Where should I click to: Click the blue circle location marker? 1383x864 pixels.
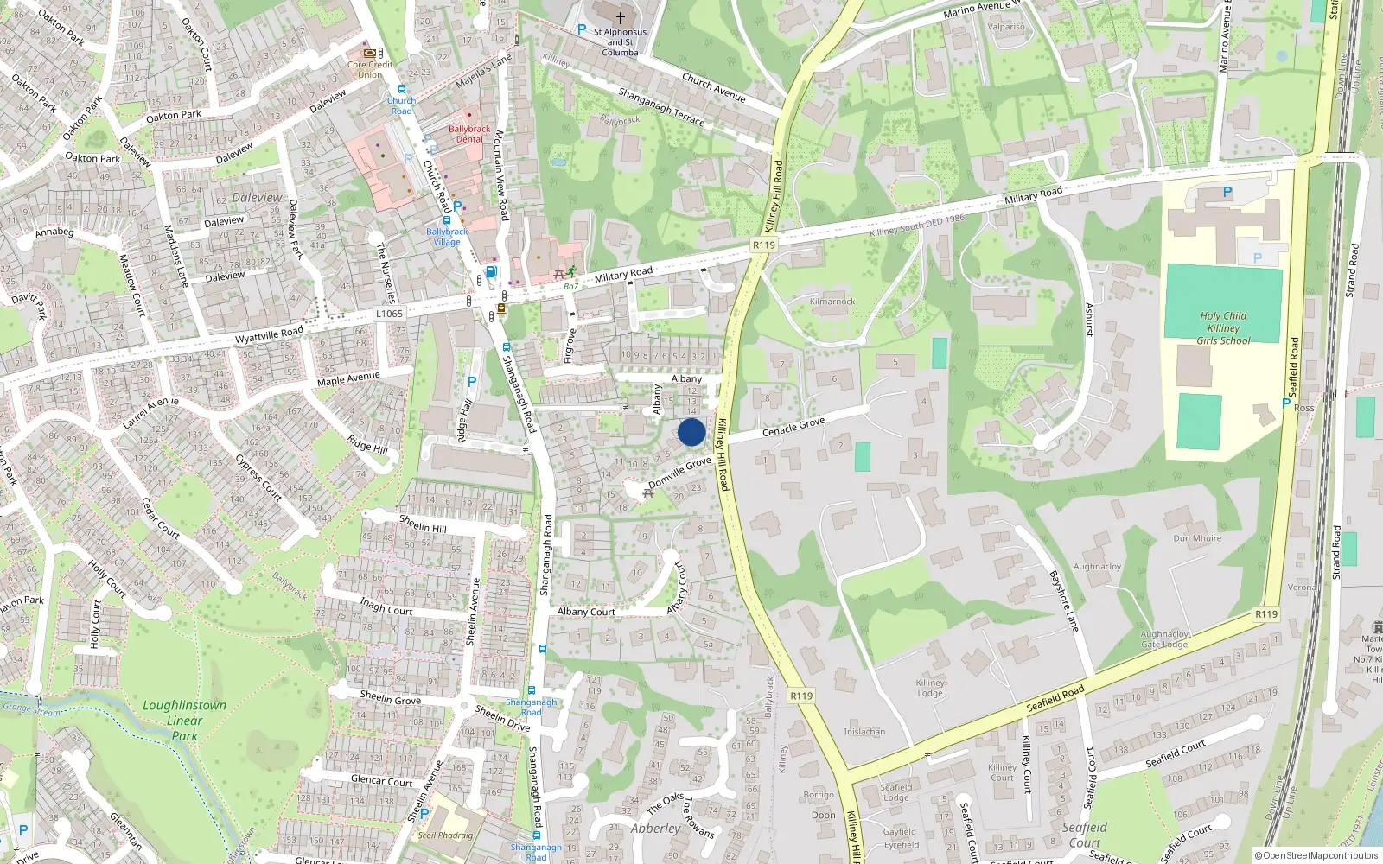(691, 432)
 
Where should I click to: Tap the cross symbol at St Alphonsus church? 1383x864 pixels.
(620, 17)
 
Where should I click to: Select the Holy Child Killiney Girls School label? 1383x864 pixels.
(1223, 328)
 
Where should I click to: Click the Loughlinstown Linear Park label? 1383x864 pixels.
(184, 721)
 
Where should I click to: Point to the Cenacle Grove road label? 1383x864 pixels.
(793, 426)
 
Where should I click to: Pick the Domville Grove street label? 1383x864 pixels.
(679, 472)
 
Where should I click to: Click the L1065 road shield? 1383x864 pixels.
(389, 314)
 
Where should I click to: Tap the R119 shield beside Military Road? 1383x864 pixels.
(763, 245)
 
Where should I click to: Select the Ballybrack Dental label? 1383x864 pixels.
(469, 134)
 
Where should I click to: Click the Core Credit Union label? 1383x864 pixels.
(370, 69)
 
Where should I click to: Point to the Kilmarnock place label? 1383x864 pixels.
(832, 302)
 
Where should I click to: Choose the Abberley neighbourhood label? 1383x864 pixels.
(655, 829)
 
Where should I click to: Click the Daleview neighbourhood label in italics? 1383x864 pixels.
(257, 198)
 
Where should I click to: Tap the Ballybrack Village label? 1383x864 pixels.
(447, 237)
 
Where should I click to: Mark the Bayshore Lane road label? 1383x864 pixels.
(1064, 600)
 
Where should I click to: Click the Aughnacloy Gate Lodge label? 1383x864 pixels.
(1164, 639)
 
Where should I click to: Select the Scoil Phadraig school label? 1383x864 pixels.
(445, 835)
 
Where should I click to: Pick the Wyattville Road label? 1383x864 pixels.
(269, 334)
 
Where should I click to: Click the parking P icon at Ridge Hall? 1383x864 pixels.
(472, 382)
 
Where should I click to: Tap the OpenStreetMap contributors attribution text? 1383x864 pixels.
(1316, 855)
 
